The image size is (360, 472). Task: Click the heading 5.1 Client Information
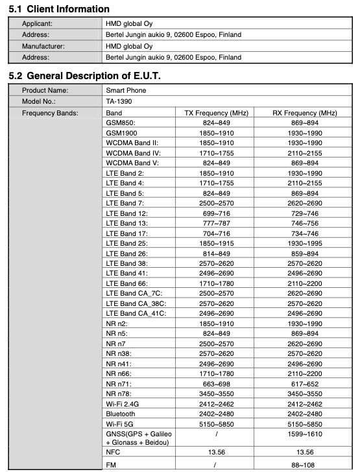pyautogui.click(x=59, y=9)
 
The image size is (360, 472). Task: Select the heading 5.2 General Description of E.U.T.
pyautogui.click(x=84, y=77)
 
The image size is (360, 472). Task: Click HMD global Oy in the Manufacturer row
pyautogui.click(x=129, y=47)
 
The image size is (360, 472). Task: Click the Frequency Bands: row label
pyautogui.click(x=50, y=113)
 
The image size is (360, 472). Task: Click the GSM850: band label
pyautogui.click(x=121, y=123)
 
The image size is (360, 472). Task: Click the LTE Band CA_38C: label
pyautogui.click(x=136, y=303)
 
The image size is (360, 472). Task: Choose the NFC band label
pyautogui.click(x=113, y=452)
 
